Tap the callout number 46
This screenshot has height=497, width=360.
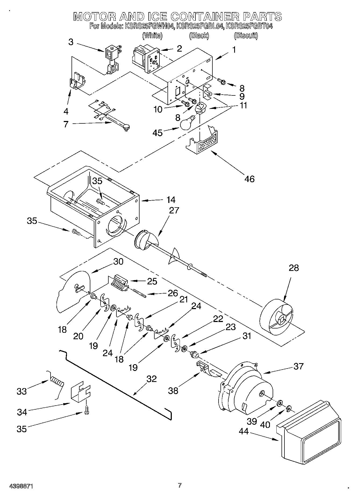[x=249, y=179]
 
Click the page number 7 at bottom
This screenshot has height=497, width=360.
[x=180, y=485]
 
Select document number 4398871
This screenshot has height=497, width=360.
[x=21, y=486]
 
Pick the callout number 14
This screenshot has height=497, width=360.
[x=171, y=200]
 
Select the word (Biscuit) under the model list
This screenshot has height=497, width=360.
[x=246, y=35]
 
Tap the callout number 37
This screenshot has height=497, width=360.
[x=298, y=366]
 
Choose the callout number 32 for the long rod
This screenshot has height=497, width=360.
[x=151, y=379]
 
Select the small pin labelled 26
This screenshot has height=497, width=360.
[x=139, y=293]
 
